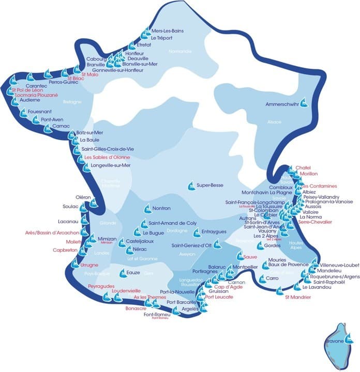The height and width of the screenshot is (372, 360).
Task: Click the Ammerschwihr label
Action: coord(282,104)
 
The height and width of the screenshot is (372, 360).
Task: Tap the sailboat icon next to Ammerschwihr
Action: coord(305,102)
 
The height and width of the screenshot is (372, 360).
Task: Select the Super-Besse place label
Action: coord(208,184)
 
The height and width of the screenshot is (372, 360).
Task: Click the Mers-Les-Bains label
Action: coord(168,31)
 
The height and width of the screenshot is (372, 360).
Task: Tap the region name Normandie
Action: coord(179,51)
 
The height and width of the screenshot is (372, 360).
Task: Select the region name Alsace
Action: coord(274,122)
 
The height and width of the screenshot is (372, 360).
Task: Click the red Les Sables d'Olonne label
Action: coord(108,157)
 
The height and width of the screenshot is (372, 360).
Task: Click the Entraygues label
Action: coord(214,232)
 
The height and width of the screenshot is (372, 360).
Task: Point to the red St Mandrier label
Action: coord(298,297)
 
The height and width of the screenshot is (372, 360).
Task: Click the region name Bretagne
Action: coord(72,102)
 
